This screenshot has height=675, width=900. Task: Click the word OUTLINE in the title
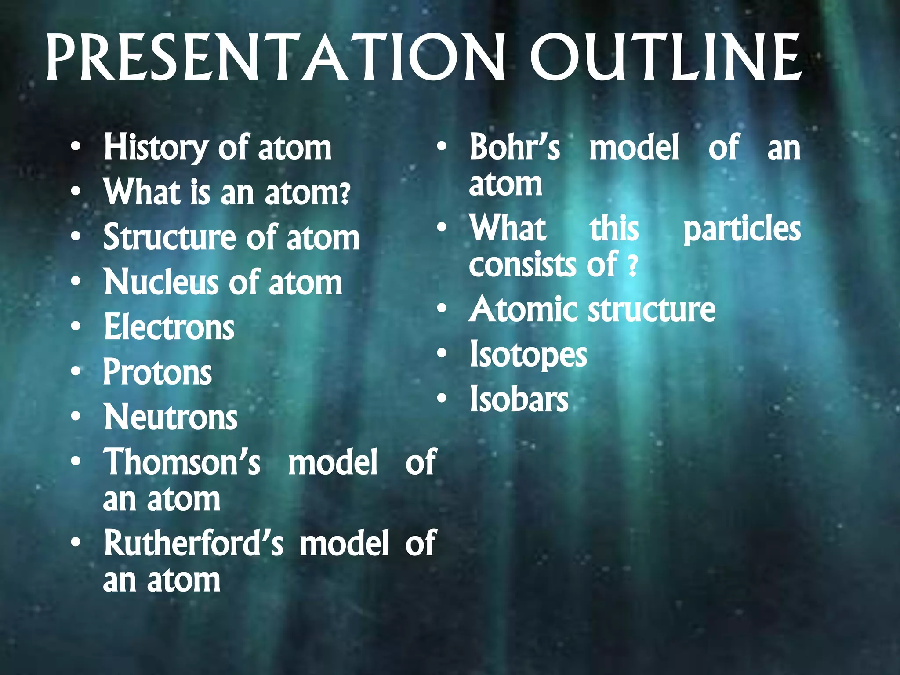(x=666, y=58)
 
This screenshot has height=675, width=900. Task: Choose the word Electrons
(x=169, y=328)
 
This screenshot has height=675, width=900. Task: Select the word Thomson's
(x=181, y=462)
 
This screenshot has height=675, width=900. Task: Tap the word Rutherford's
(x=193, y=543)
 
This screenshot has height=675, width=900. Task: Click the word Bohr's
(x=515, y=148)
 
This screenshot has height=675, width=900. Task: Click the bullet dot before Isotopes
(x=442, y=353)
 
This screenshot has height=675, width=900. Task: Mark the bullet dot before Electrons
(x=76, y=327)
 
